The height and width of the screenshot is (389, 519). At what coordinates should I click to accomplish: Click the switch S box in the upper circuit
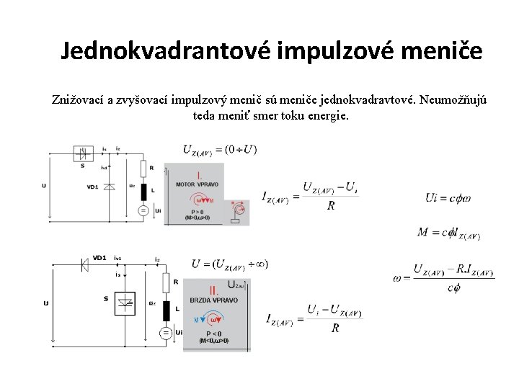click(x=84, y=153)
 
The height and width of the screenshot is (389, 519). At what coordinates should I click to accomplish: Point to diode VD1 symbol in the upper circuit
click(x=110, y=186)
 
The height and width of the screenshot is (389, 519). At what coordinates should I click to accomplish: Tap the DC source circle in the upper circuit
click(x=143, y=210)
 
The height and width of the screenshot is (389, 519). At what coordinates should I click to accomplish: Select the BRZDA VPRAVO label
click(x=214, y=300)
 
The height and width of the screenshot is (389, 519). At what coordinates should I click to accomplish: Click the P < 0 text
click(x=213, y=334)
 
